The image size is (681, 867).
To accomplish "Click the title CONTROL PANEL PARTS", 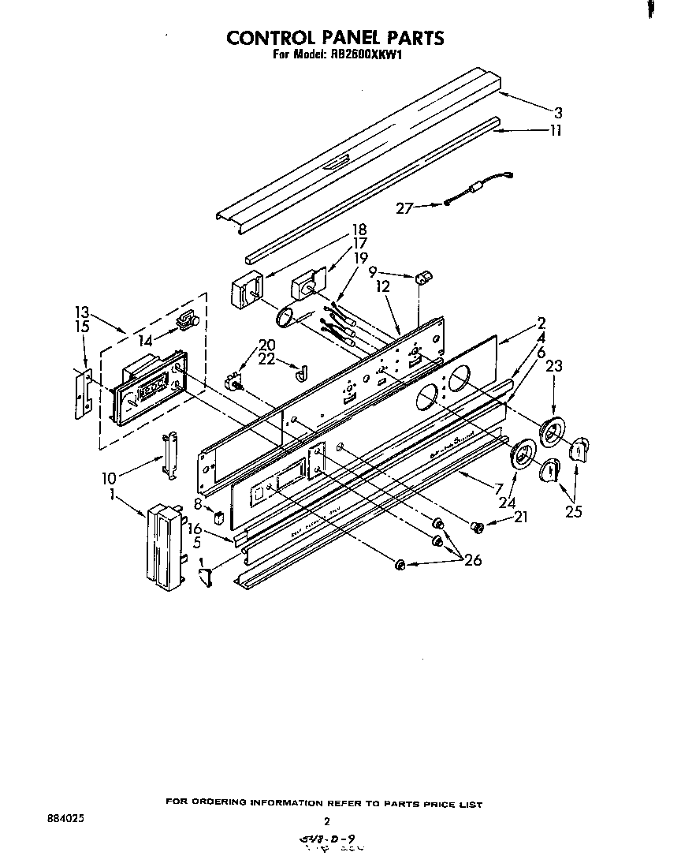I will (x=336, y=37).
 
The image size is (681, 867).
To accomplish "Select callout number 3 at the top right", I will (x=558, y=111).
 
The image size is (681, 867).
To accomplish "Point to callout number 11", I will (x=556, y=131).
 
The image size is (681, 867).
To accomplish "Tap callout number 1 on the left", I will (x=115, y=495).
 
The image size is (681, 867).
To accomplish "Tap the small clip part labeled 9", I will (x=422, y=278).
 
